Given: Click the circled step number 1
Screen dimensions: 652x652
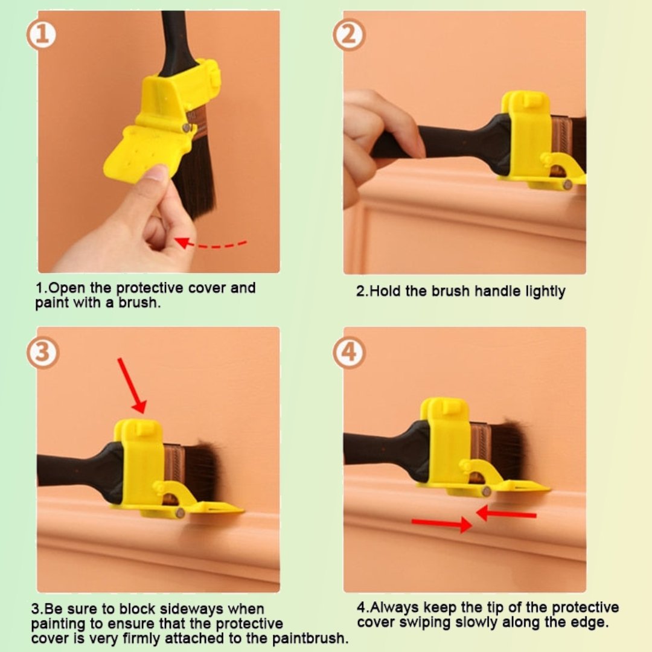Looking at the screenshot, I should point(42,36).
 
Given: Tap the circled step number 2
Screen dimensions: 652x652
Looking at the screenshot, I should point(348,36).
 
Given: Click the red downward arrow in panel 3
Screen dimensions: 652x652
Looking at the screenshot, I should point(132,385).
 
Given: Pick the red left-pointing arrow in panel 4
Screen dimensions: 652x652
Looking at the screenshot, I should point(506,514).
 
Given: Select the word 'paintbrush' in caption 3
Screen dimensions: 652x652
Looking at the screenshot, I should point(312,638).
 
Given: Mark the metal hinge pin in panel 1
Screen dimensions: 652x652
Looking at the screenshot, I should point(187,127).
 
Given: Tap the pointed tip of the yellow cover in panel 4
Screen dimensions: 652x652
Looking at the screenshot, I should point(546,487).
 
